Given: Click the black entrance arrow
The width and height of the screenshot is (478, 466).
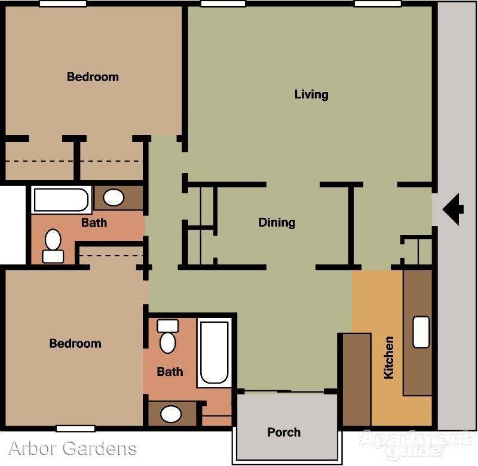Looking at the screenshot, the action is [453, 209].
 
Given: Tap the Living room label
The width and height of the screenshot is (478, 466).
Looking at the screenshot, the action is [311, 94].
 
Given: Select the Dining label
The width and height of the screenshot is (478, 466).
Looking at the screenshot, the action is [277, 223].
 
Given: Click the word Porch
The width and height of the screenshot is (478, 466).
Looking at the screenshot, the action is [284, 432].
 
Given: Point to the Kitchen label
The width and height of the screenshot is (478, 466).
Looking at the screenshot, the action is [389, 357].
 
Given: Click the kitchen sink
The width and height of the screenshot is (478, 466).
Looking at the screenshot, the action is [421, 332].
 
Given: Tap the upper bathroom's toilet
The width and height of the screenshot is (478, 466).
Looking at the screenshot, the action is [53, 246].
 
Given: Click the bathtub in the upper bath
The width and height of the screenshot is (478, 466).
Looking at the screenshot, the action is [62, 200].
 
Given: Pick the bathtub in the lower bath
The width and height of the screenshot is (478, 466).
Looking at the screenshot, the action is [215, 353].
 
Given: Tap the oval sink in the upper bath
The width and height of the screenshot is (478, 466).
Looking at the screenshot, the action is [114, 197].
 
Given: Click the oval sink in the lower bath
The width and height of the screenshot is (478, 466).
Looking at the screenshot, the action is [171, 414].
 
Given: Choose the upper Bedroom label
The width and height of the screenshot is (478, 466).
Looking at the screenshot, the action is [93, 77].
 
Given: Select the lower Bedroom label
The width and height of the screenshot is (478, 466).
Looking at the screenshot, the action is [75, 343].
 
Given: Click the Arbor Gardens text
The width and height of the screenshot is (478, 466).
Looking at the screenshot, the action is [72, 448].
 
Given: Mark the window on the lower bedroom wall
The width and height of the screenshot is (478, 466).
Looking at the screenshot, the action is [76, 428].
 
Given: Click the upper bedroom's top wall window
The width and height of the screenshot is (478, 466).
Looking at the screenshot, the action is [63, 4].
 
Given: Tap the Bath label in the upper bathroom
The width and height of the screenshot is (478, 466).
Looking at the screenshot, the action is [94, 223].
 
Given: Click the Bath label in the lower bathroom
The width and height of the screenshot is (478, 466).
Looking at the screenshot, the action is [170, 372].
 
